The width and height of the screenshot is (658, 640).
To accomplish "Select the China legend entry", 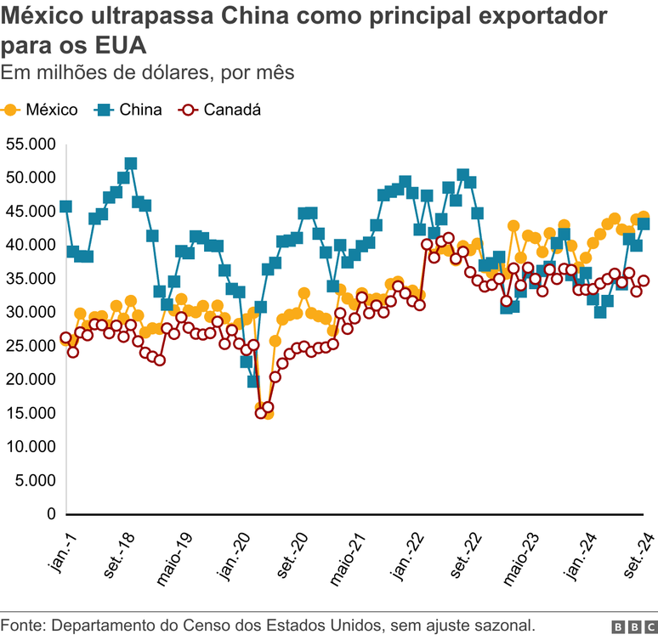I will pyautogui.click(x=129, y=110).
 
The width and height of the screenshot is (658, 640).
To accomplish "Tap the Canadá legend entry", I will pyautogui.click(x=220, y=110).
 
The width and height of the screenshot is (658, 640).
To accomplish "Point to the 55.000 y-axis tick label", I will pyautogui.click(x=30, y=144).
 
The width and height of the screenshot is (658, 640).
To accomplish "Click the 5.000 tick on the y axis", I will pyautogui.click(x=34, y=481).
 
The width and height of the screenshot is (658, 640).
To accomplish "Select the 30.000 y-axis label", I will pyautogui.click(x=30, y=312).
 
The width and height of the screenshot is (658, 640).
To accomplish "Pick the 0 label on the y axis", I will pyautogui.click(x=51, y=514).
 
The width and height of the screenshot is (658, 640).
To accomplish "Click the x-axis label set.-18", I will pyautogui.click(x=119, y=553).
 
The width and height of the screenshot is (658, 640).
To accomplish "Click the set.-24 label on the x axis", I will pyautogui.click(x=639, y=553).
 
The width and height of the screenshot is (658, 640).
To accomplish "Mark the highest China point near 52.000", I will pyautogui.click(x=131, y=163).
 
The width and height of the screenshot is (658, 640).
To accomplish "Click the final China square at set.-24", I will pyautogui.click(x=644, y=224).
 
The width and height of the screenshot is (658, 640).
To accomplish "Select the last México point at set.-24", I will pyautogui.click(x=644, y=217).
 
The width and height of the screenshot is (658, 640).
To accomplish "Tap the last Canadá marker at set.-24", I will pyautogui.click(x=644, y=280).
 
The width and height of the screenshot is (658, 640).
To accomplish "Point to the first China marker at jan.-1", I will pyautogui.click(x=65, y=207).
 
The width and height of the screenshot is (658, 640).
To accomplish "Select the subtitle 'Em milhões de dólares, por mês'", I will pyautogui.click(x=148, y=72).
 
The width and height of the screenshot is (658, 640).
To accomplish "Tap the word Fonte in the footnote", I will pyautogui.click(x=23, y=626).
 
